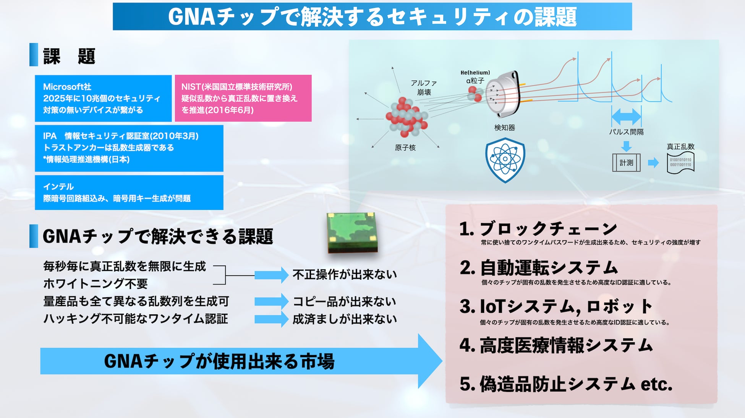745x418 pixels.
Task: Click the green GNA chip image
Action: [x=352, y=232]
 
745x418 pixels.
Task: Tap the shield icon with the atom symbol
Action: [x=505, y=160]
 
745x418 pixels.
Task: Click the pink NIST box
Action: [x=243, y=98]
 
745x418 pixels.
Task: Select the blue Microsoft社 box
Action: [x=103, y=98]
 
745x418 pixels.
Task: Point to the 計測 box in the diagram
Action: [x=626, y=163]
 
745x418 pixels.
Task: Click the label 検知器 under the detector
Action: [x=504, y=128]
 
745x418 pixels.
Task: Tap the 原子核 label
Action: [x=405, y=148]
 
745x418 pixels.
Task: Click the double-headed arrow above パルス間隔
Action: [x=626, y=116]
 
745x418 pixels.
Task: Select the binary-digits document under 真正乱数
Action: [x=680, y=163]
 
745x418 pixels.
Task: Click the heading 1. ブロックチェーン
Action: [x=538, y=229]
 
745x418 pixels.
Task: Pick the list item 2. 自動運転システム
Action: [x=539, y=268]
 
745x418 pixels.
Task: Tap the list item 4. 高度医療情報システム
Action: [x=556, y=345]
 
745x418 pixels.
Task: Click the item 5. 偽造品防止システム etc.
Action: [x=565, y=384]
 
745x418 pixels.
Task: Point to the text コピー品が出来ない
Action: [x=344, y=302]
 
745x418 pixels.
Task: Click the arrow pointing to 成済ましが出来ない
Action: [x=271, y=319]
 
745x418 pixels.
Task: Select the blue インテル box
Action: [x=129, y=192]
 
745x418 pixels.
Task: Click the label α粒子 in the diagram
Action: [x=475, y=81]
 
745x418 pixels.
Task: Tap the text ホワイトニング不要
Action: [x=96, y=283]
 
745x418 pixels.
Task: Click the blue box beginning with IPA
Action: [x=129, y=148]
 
